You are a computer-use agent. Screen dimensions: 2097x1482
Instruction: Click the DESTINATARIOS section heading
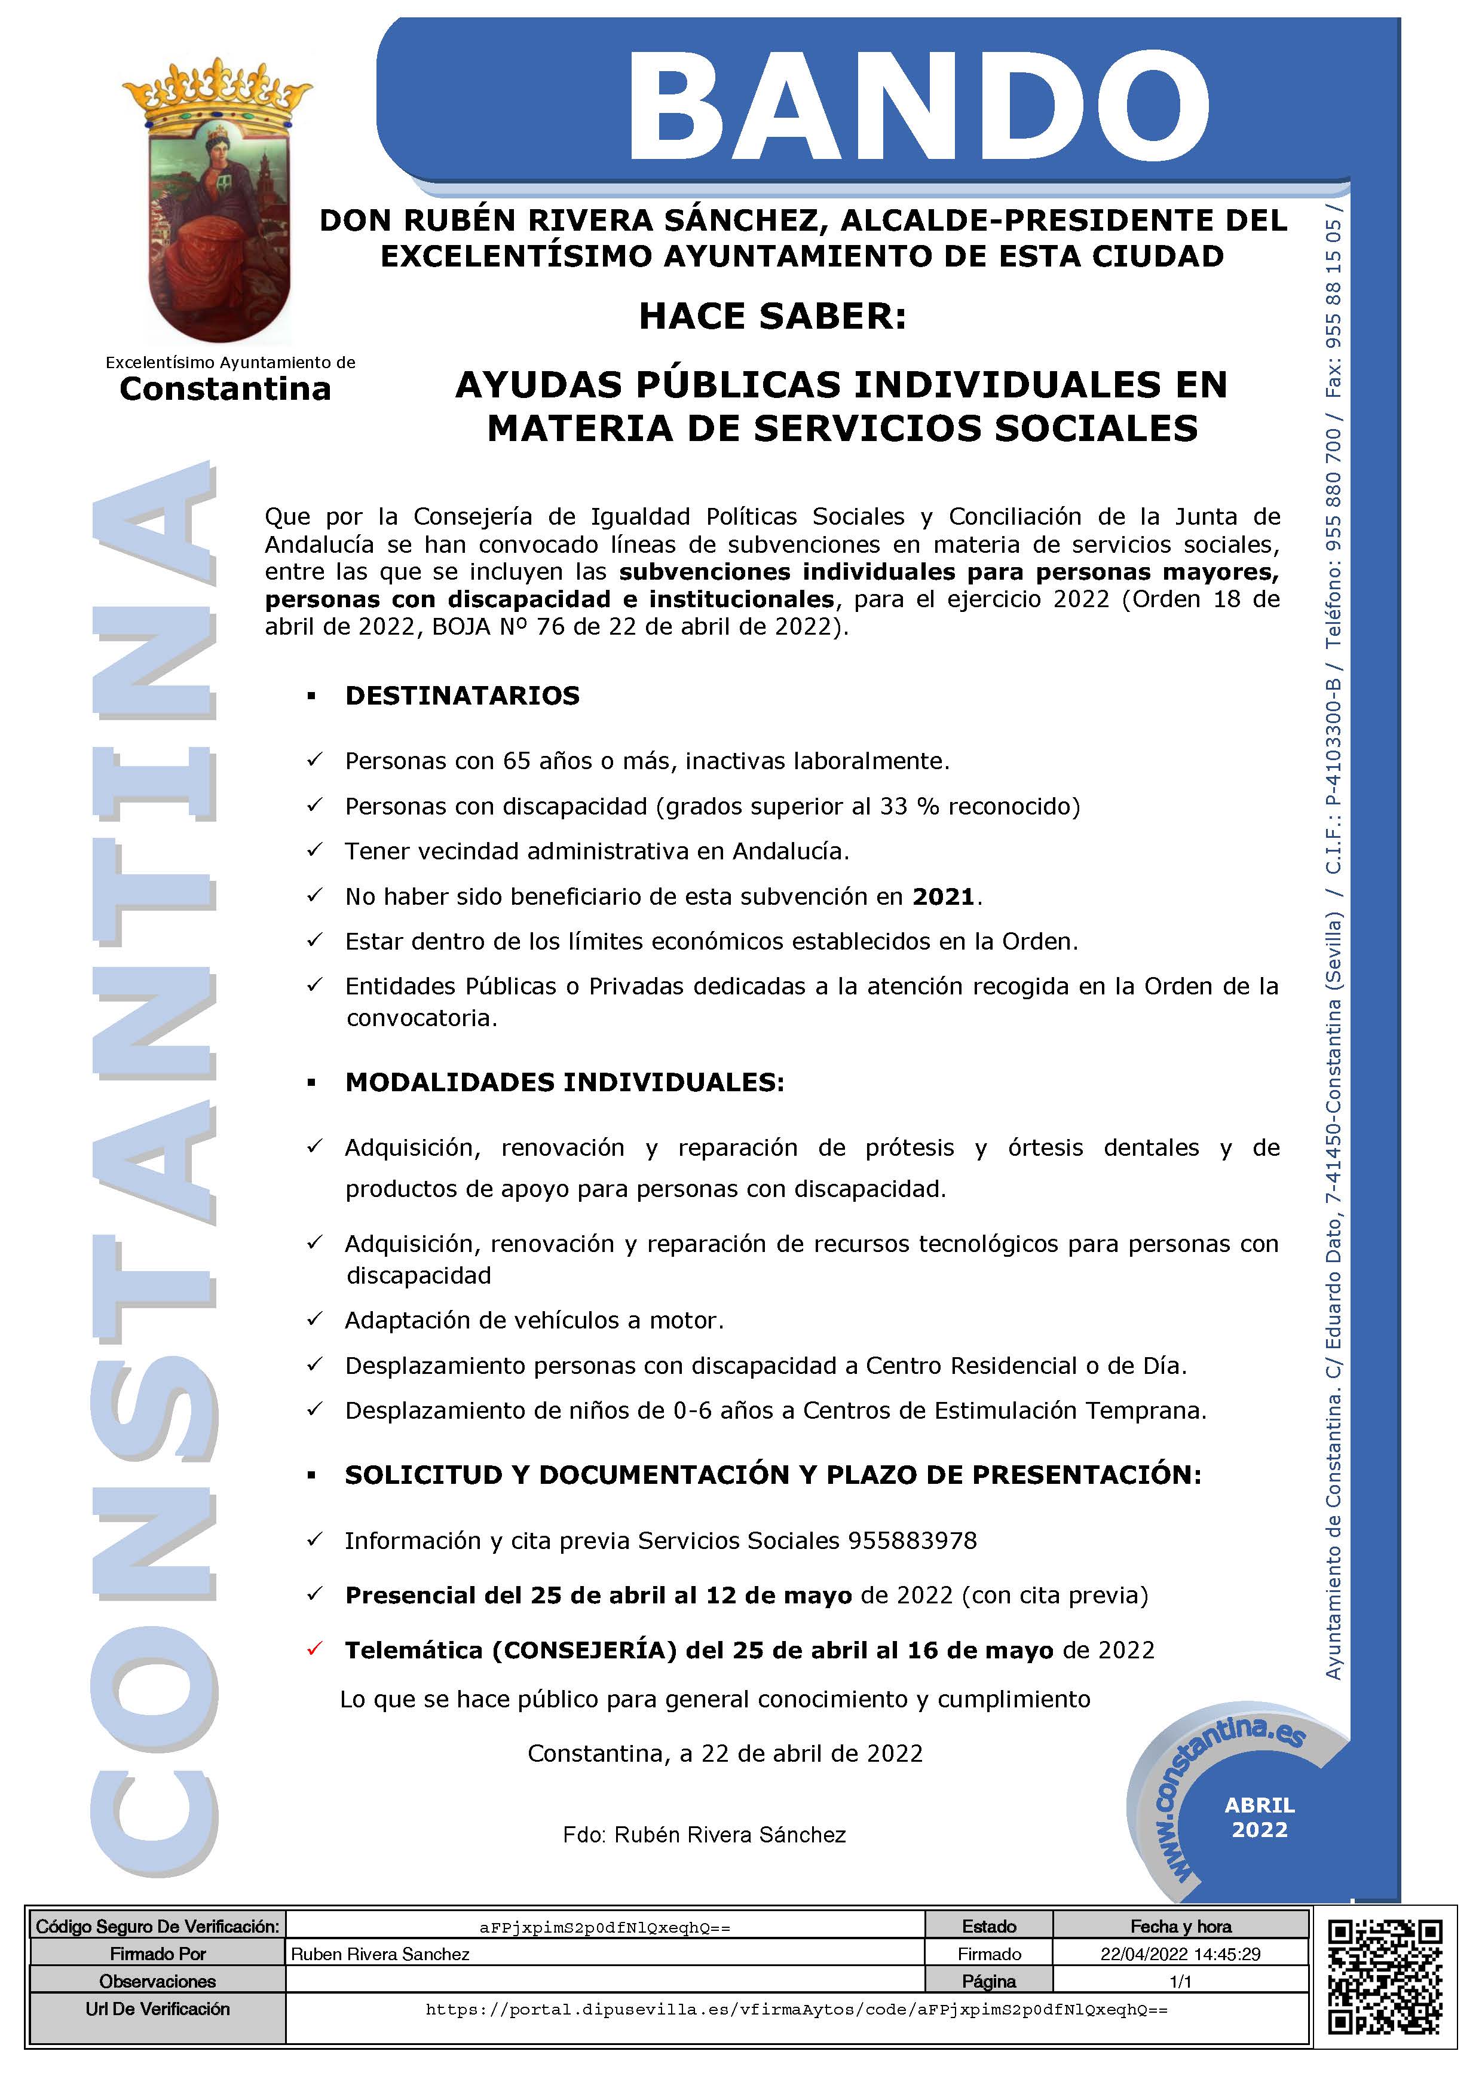(x=462, y=696)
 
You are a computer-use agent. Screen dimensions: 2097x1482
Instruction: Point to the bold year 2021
(x=943, y=897)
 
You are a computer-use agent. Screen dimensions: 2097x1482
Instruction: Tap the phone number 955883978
(x=913, y=1541)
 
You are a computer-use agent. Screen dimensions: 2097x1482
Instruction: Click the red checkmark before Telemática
(x=315, y=1649)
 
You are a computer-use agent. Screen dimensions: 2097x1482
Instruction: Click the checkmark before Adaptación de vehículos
(x=315, y=1319)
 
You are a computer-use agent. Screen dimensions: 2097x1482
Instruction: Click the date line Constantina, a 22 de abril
(x=725, y=1753)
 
